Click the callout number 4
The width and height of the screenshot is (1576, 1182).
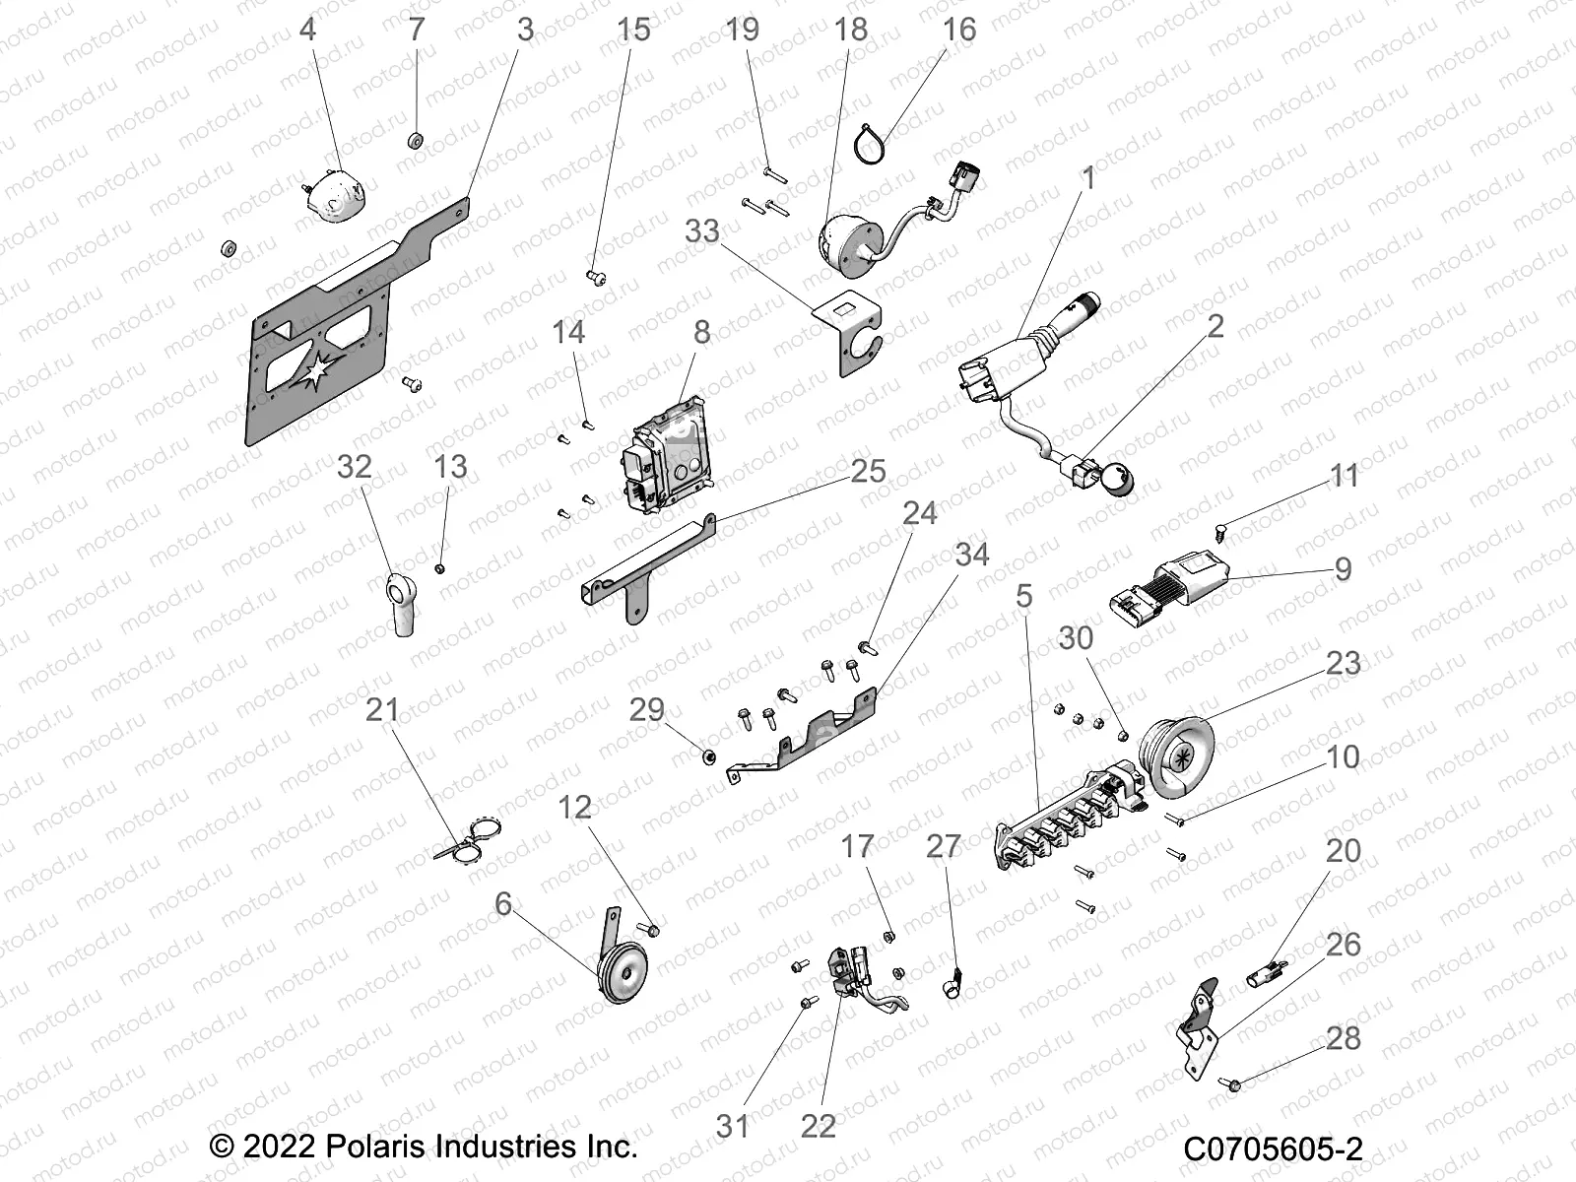point(307,30)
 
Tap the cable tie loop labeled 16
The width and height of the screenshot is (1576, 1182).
point(874,145)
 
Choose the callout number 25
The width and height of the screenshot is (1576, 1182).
point(868,471)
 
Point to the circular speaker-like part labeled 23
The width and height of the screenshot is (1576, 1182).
point(1197,754)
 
